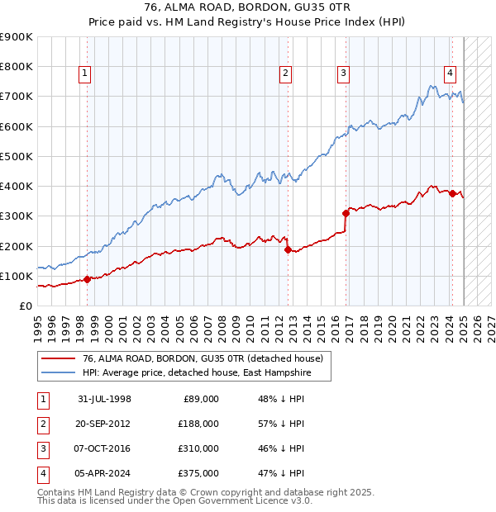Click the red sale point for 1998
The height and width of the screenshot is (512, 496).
pyautogui.click(x=87, y=279)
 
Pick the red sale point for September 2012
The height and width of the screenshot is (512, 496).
pyautogui.click(x=287, y=249)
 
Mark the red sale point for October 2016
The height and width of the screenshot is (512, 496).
pyautogui.click(x=346, y=213)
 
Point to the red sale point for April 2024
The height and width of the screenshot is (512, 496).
pyautogui.click(x=452, y=193)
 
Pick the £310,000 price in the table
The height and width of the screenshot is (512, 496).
pyautogui.click(x=198, y=448)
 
